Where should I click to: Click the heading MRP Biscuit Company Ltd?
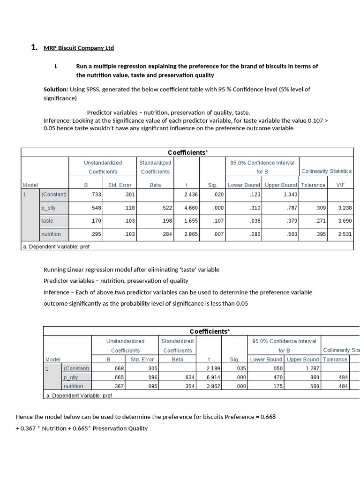point(78,48)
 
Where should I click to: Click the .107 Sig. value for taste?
point(212,221)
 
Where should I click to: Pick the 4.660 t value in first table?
point(190,208)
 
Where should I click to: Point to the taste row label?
point(47,221)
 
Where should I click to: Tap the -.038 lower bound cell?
point(255,221)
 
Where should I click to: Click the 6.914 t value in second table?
point(213,377)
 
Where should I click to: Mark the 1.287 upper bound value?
point(312,368)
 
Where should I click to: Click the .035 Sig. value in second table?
point(234,368)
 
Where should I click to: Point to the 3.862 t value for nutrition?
point(213,386)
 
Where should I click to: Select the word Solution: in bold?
point(56,89)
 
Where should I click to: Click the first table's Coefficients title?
point(187,153)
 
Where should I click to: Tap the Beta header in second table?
point(177,360)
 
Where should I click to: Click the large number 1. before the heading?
point(34,47)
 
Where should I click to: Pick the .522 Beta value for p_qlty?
point(166,208)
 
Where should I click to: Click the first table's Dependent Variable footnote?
point(56,246)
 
